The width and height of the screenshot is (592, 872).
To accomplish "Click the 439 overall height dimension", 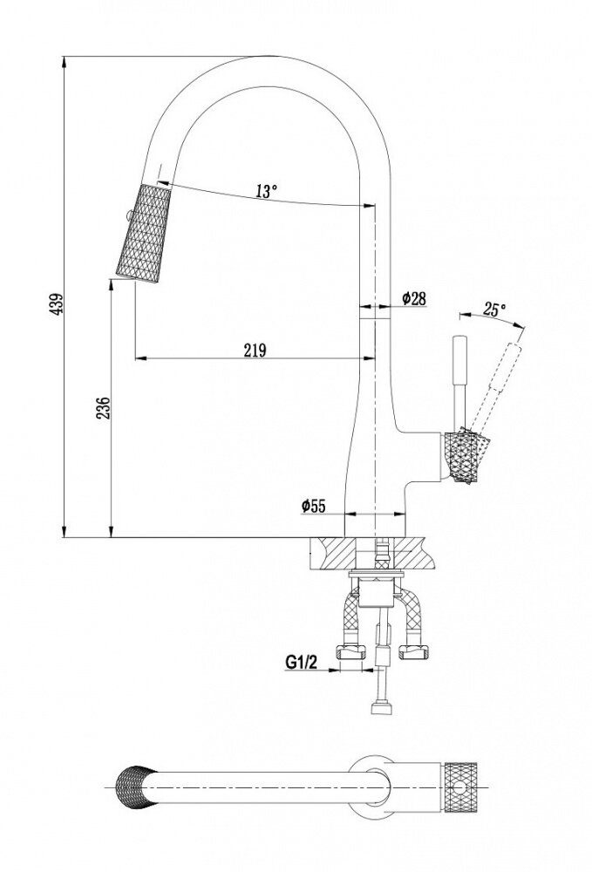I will click(57, 303).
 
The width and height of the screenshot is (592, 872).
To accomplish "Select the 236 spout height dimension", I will click(102, 410).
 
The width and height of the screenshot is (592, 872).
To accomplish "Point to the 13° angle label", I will click(267, 192).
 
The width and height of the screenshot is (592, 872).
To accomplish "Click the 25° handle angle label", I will click(493, 309).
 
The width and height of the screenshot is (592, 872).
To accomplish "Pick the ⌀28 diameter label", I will click(413, 298).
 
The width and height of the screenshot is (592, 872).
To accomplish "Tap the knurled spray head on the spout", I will click(139, 234).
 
